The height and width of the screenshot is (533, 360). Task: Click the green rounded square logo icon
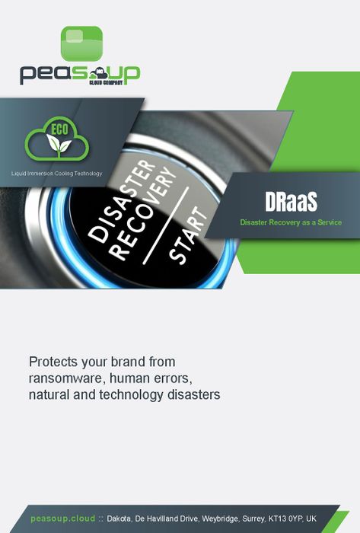click(81, 43)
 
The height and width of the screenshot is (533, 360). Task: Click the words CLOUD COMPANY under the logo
click(106, 82)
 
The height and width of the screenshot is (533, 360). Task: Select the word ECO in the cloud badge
click(60, 129)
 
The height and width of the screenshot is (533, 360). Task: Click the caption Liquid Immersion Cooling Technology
click(57, 174)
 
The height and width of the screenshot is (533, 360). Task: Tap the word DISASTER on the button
click(122, 201)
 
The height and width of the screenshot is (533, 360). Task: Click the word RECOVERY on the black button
click(143, 213)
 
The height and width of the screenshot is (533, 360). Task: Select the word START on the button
click(187, 235)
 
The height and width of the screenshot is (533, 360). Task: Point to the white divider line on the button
click(165, 225)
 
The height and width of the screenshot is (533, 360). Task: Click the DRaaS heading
click(291, 202)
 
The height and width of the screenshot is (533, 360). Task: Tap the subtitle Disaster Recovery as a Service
click(291, 222)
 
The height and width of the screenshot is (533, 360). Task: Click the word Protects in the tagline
click(53, 362)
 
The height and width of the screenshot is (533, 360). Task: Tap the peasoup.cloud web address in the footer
click(63, 519)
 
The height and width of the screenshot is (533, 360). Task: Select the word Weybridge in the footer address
click(220, 519)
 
